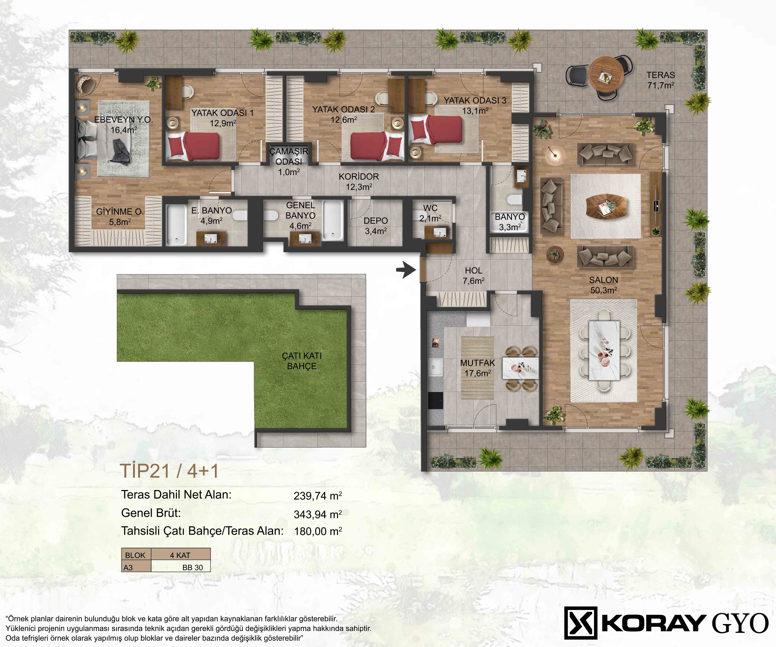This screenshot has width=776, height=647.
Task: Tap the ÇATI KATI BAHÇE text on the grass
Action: [x=301, y=361]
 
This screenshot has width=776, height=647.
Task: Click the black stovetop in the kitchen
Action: [x=435, y=400]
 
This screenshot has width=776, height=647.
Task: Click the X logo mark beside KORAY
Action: [x=581, y=623]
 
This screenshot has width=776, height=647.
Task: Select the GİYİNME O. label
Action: [x=120, y=217]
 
